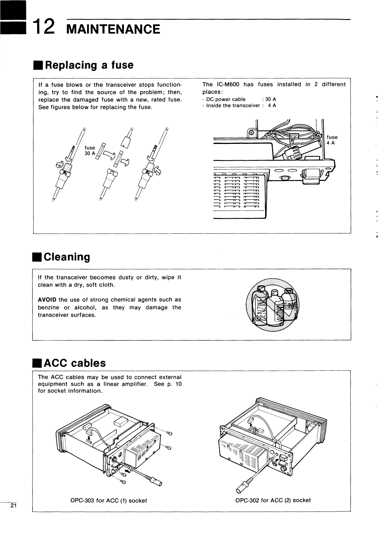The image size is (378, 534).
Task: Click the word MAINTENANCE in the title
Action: click(113, 29)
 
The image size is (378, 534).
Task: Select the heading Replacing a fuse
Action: click(89, 65)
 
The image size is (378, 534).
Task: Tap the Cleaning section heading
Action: click(67, 257)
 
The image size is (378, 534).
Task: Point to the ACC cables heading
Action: click(75, 363)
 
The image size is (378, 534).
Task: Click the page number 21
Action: click(13, 505)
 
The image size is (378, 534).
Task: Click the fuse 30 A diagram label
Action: click(90, 151)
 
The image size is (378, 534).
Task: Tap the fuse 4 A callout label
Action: click(332, 140)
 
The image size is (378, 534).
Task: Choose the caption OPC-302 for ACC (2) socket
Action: click(273, 500)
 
